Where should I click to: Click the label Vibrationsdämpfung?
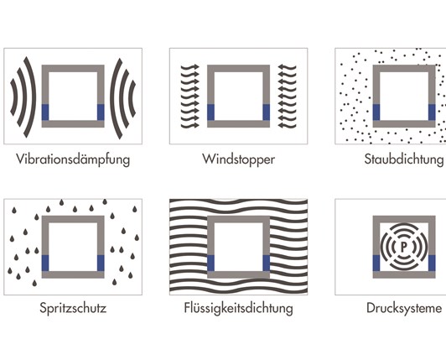[x=73, y=159]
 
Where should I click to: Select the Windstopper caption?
[x=238, y=159]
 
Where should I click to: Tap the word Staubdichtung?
[x=404, y=159]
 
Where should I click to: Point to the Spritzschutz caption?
[x=73, y=308]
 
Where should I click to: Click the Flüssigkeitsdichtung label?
[x=238, y=308]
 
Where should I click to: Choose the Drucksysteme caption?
[x=404, y=308]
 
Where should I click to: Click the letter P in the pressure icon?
[x=404, y=247]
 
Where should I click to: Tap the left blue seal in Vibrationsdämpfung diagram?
[x=45, y=112]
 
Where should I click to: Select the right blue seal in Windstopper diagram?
[x=267, y=112]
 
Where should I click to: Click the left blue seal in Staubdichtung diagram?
[x=376, y=112]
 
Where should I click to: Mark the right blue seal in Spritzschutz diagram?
[x=101, y=263]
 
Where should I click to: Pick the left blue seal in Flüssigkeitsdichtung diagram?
[x=210, y=263]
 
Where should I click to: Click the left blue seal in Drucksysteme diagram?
[x=376, y=263]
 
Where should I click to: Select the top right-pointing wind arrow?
[x=189, y=67]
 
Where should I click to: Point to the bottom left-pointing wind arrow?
[x=287, y=125]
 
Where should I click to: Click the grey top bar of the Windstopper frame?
[x=238, y=68]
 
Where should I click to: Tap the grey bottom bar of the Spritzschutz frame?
[x=73, y=274]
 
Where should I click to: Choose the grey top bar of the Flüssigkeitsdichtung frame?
[x=238, y=219]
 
